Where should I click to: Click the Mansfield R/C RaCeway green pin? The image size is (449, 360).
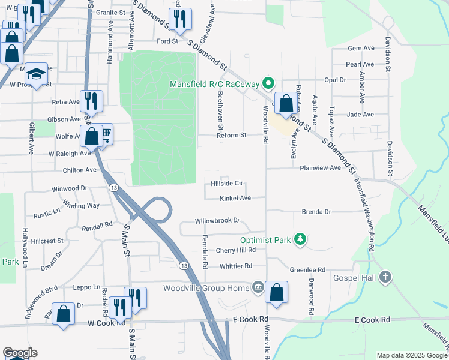click(270, 83)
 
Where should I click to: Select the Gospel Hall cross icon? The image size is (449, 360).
click(385, 277)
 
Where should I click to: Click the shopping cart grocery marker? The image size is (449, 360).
click(105, 134)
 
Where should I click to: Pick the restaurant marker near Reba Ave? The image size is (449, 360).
click(91, 100)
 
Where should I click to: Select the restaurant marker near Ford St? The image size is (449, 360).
click(180, 19)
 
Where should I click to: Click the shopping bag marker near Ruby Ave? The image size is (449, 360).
click(286, 103)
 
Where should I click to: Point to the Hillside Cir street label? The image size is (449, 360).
click(227, 184)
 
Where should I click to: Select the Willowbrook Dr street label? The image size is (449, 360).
click(217, 221)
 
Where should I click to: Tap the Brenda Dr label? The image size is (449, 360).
click(316, 212)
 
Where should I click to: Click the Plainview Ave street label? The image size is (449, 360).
click(321, 169)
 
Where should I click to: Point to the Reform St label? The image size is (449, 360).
click(232, 136)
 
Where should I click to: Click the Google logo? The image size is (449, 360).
click(20, 353)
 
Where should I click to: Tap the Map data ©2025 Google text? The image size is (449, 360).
click(410, 355)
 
